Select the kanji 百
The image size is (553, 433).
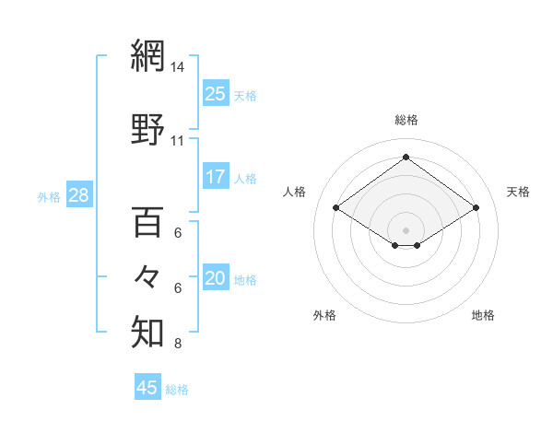pos(147,221)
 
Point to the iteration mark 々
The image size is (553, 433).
pos(147,275)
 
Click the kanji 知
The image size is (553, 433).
pos(147,332)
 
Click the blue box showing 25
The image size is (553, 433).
pos(216,94)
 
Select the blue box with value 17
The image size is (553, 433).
pos(216,177)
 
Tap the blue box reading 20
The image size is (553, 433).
pos(216,278)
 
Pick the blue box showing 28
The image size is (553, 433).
pos(78,195)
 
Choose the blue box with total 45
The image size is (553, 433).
pos(147,388)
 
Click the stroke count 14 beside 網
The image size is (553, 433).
pos(178,67)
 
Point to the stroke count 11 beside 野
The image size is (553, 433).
pos(178,141)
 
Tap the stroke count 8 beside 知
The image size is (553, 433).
pos(178,345)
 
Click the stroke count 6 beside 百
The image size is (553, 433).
pos(178,233)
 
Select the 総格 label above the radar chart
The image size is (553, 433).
pos(406,120)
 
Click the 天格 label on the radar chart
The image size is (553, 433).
pos(518,192)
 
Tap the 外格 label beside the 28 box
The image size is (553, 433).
pos(49,196)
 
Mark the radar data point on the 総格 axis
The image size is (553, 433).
pos(406,158)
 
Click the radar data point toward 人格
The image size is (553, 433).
pos(336,208)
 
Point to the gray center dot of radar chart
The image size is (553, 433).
pos(406,228)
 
